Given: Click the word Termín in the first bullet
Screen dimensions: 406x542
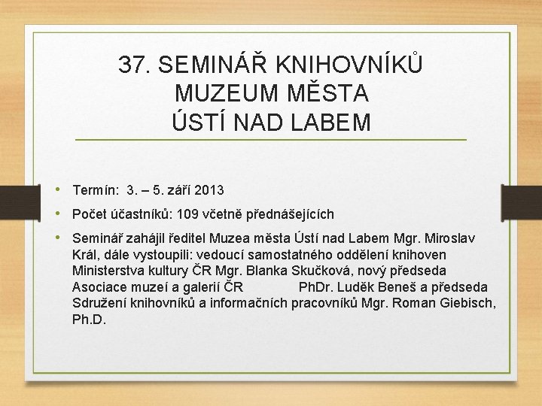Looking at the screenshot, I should [x=96, y=190].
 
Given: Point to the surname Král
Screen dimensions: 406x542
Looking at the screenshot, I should [x=85, y=255].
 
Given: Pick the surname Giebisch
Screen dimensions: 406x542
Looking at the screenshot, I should [x=466, y=303].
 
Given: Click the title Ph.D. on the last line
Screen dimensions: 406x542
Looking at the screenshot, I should [x=89, y=320].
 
